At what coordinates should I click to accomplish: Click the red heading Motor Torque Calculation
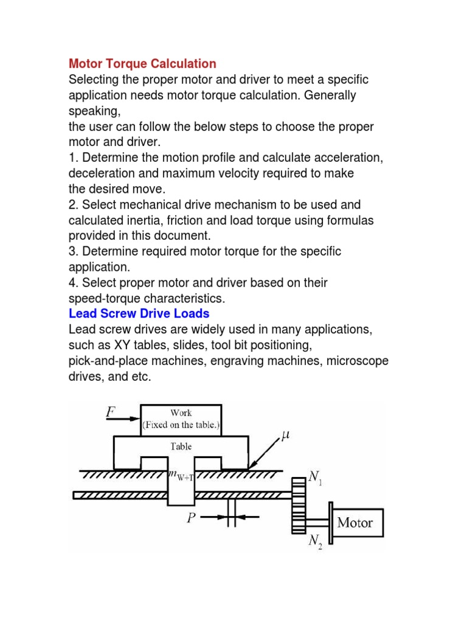(142, 64)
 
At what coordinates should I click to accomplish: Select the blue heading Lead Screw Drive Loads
(139, 314)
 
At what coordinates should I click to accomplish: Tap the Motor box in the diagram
(355, 522)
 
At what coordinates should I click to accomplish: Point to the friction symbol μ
(286, 435)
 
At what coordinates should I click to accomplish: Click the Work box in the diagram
(181, 419)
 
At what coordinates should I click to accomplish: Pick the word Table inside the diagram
(181, 446)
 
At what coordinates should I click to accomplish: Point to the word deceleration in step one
(100, 173)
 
